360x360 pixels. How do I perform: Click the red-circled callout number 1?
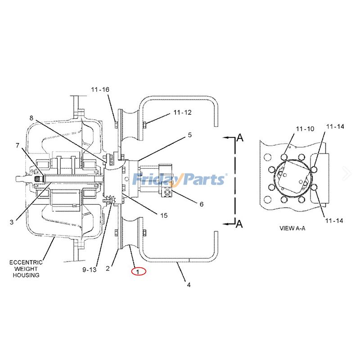click(x=139, y=271)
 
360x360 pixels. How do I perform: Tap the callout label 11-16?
click(x=99, y=90)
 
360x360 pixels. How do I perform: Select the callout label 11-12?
click(x=181, y=112)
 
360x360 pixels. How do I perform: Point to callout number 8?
click(x=31, y=118)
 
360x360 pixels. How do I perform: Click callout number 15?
click(x=163, y=216)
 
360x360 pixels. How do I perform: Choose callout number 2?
click(x=108, y=269)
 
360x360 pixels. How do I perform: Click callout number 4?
click(x=189, y=284)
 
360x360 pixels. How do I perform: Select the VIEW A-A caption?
click(x=292, y=228)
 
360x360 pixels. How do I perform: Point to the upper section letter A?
click(x=240, y=138)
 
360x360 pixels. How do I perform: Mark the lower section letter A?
click(x=240, y=224)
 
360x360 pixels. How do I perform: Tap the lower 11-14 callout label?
click(x=334, y=220)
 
